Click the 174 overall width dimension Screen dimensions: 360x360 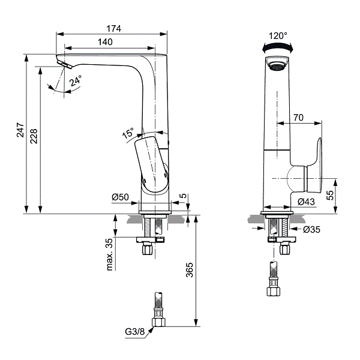coord(113,29)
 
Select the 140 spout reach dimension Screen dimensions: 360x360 coord(105,42)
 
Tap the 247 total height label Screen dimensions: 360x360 coord(20,130)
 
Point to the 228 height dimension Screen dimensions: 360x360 coord(34,136)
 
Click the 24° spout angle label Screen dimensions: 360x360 coord(76,80)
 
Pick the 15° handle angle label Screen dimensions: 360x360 coord(128,133)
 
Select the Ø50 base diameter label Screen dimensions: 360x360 coord(121,197)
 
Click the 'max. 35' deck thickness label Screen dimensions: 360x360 coord(110,254)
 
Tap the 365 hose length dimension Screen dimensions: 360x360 coord(190,270)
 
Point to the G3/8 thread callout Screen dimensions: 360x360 coord(135,332)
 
